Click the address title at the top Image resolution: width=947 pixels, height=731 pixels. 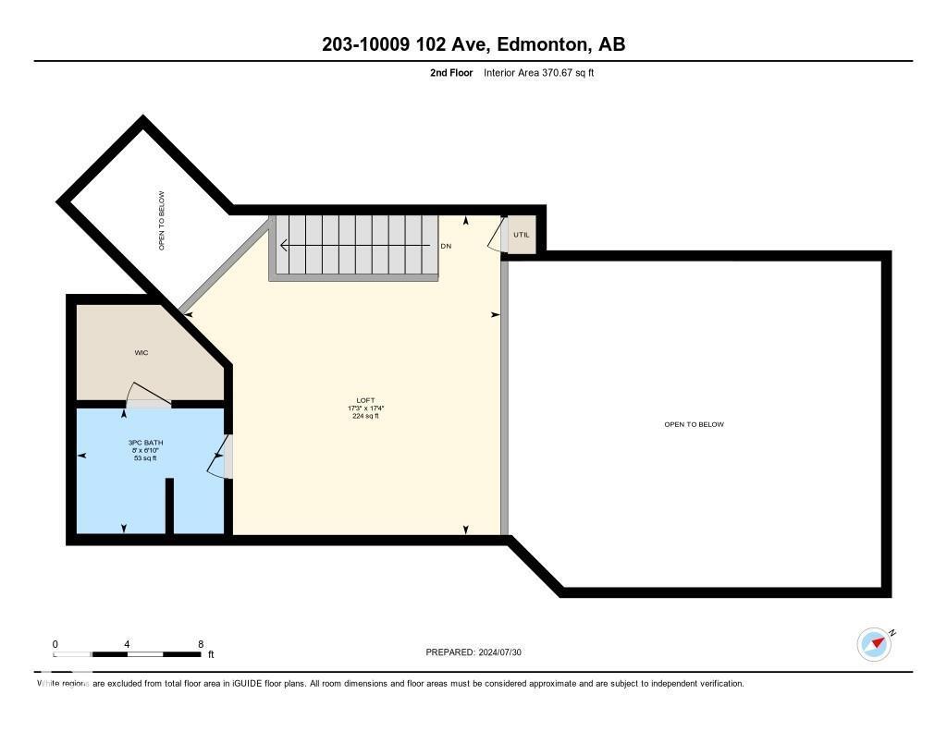coord(473,44)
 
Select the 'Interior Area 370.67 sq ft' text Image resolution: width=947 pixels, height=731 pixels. coord(538,72)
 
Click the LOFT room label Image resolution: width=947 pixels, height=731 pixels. coord(365,400)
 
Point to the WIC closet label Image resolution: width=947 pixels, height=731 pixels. coord(141,353)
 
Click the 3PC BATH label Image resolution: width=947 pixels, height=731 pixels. coord(142,443)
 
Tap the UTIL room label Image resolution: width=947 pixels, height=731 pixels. coord(522,235)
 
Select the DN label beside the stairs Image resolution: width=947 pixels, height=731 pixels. coord(446,246)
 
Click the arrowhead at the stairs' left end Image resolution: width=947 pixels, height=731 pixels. coord(285,246)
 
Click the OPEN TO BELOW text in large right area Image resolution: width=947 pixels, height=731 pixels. coord(694,424)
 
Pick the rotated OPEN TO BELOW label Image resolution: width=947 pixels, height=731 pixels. coord(162,221)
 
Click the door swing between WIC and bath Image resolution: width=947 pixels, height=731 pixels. coord(146,396)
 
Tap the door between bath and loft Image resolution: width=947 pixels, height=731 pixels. coord(219,457)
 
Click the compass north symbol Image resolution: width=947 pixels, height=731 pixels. coord(875,644)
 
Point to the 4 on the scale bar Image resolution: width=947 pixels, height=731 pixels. coord(127,644)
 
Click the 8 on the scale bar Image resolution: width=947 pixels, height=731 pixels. coord(201,644)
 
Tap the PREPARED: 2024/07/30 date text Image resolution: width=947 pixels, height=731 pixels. coord(480,652)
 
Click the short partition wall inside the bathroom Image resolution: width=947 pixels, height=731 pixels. coord(169,506)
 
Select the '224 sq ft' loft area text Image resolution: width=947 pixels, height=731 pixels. coord(365,417)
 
